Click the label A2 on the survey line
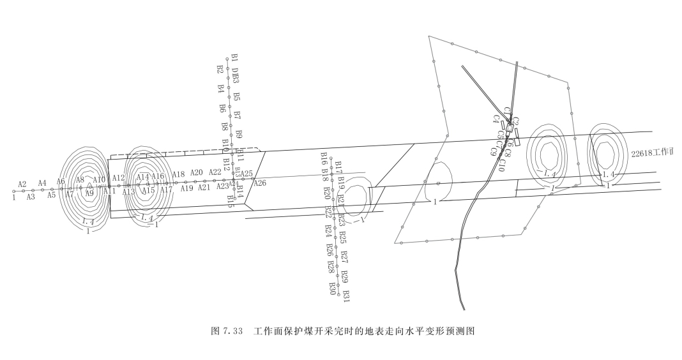point(22,184)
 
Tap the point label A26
point(260,184)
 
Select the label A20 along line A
point(197,173)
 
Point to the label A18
point(178,174)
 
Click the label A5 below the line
point(52,195)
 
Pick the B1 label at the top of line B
point(234,59)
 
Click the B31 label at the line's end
point(346,296)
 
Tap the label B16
point(324,157)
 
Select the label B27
point(345,257)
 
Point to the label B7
point(238,116)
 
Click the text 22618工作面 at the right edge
point(653,153)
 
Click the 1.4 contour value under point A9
point(89,221)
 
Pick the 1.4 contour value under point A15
point(147,218)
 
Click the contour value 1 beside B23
point(363,220)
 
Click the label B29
point(345,276)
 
